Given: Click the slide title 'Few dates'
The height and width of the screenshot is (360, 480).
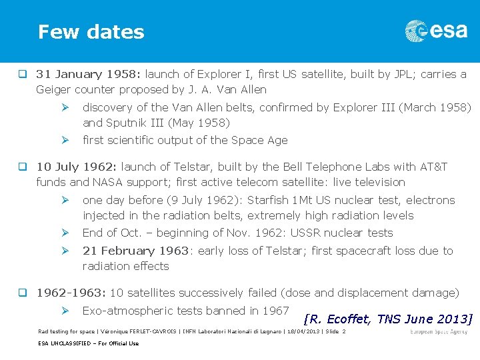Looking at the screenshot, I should click(x=91, y=32).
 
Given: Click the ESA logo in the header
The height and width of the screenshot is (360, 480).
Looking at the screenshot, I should click(x=436, y=31).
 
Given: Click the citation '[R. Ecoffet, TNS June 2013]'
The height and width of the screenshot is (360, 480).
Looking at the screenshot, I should click(x=387, y=319).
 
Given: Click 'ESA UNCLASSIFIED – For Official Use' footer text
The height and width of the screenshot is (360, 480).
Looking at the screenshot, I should click(x=88, y=343).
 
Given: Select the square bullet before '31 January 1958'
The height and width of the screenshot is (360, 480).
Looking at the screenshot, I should click(x=23, y=74).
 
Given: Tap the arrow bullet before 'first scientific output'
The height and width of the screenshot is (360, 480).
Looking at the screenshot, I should click(x=65, y=140).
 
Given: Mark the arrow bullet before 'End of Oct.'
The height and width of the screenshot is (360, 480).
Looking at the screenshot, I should click(x=65, y=233).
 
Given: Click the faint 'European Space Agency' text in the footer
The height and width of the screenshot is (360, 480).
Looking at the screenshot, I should click(x=439, y=331).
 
